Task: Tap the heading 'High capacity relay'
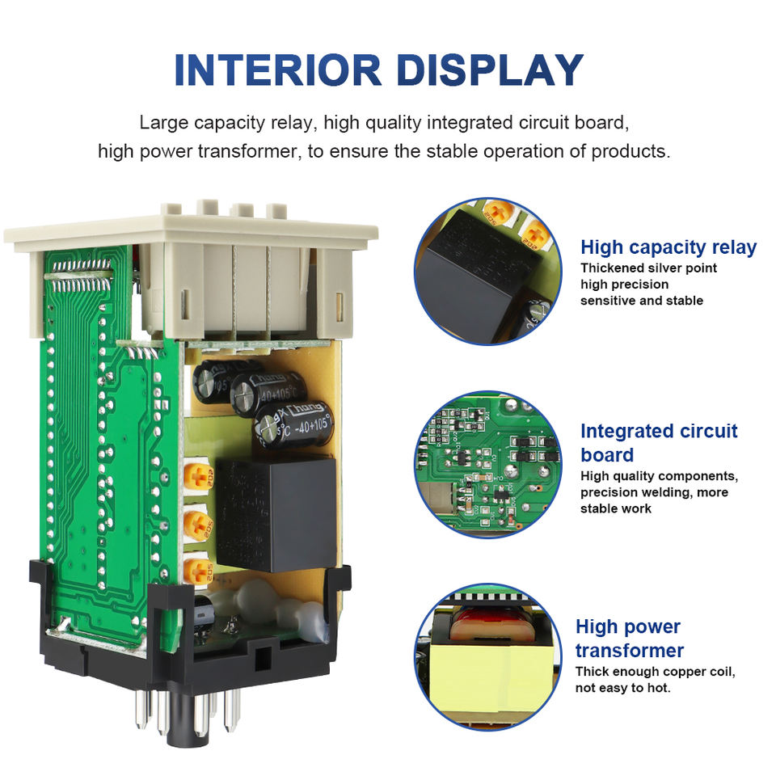(668, 247)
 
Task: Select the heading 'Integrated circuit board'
(659, 442)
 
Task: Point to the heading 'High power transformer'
(629, 638)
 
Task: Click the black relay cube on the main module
(275, 502)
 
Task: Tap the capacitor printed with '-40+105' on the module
(294, 424)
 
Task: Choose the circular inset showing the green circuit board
(487, 464)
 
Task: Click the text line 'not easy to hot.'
(622, 688)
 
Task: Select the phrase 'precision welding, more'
(654, 492)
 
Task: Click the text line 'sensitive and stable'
(642, 301)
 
